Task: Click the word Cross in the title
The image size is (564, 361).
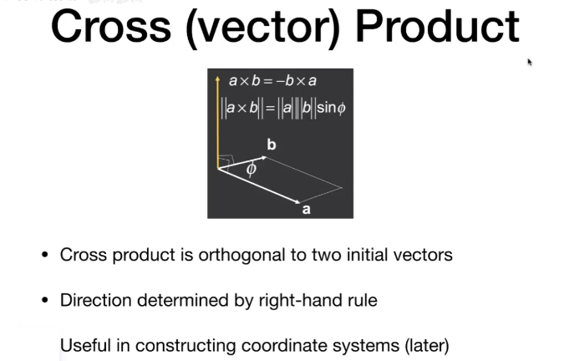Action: [111, 27]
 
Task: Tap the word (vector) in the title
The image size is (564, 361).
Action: [263, 28]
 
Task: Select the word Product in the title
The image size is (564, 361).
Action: [437, 26]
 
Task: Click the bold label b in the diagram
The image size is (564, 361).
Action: [272, 145]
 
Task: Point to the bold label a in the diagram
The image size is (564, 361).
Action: [306, 209]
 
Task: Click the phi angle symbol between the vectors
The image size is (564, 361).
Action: [252, 169]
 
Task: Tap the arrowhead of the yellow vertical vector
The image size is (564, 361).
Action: [217, 79]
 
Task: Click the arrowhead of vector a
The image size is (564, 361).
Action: [297, 202]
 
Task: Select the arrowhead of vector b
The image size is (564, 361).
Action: [264, 157]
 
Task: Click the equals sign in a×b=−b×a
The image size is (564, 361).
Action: [267, 81]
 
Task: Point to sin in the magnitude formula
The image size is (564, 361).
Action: [327, 108]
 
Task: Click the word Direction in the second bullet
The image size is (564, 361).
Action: [96, 300]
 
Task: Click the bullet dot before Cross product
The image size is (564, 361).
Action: [45, 255]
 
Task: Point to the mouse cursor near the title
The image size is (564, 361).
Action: [530, 62]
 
